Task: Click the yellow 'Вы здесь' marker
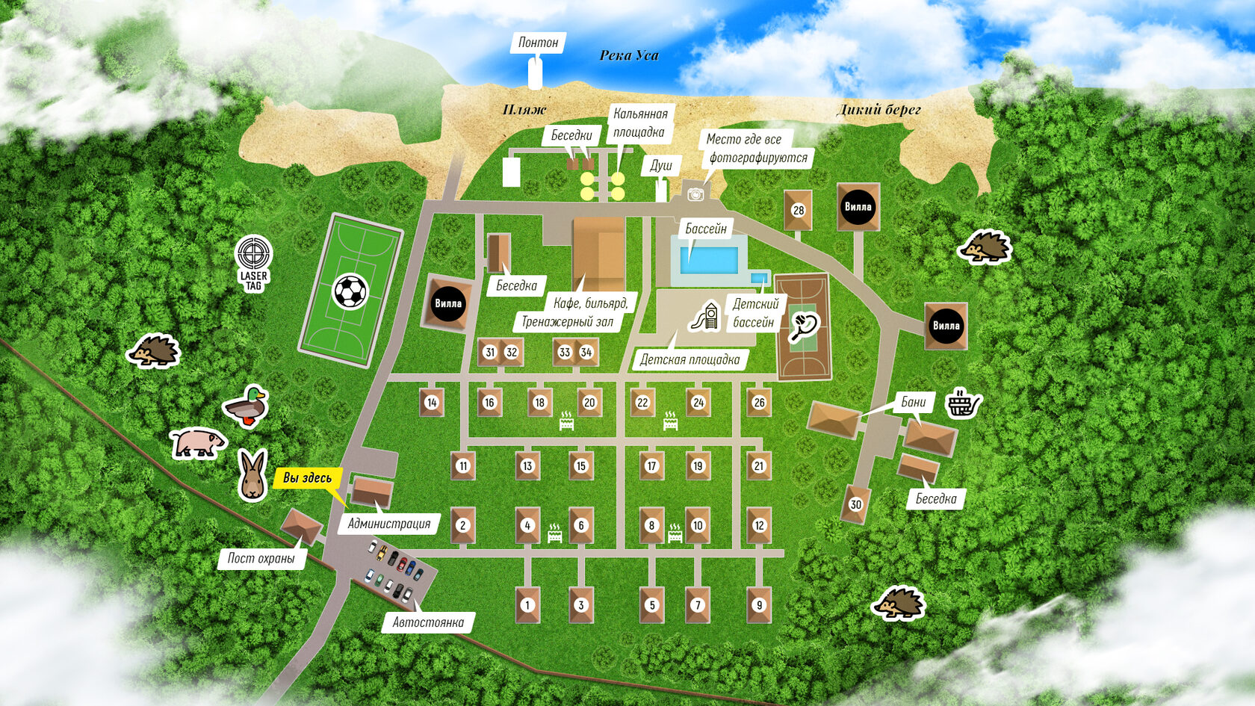[307, 478]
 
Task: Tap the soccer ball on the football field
[350, 291]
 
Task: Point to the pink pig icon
[197, 442]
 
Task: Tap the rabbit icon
[252, 474]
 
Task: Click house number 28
[799, 211]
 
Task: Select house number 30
[856, 504]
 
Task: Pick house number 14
[432, 403]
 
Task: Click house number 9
[759, 605]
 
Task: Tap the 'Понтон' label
[538, 43]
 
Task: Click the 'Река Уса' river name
[629, 55]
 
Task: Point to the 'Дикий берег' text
[878, 110]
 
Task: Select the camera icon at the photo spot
[695, 194]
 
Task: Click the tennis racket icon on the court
[804, 326]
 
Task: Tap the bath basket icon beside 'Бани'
[963, 403]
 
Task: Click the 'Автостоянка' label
[428, 622]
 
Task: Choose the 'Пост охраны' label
[261, 558]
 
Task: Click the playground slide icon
[706, 317]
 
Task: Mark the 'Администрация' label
[388, 524]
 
